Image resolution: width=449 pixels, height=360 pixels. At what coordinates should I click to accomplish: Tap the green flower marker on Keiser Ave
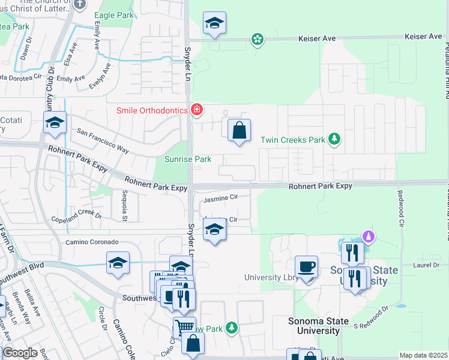point(258,40)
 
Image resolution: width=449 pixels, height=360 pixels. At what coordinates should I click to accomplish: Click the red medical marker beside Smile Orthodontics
point(196,109)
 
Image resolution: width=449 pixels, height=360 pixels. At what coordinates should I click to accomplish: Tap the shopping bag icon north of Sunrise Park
point(239,130)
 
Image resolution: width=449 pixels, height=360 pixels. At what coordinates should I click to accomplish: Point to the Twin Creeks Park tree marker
point(335,140)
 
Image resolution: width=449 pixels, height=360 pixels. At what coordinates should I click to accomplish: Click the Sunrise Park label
point(188,159)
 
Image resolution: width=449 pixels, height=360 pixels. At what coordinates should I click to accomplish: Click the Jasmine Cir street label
point(221,197)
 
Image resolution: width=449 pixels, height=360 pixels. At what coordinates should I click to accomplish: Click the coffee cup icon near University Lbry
point(306,266)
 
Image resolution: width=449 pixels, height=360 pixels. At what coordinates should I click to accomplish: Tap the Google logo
point(20,353)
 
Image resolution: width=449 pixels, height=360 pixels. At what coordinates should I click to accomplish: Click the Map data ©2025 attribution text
point(423,355)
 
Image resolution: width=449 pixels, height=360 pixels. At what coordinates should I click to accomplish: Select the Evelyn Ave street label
point(100,78)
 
